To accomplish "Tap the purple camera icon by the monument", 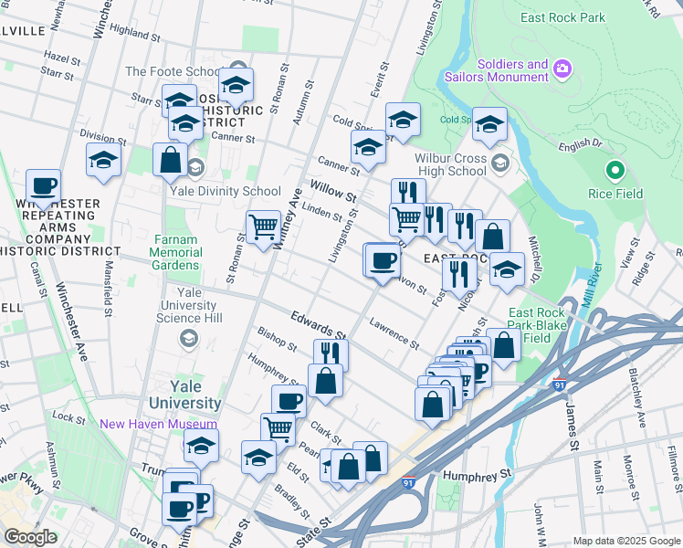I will pos(562,68).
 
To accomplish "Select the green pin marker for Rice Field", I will pos(615,170).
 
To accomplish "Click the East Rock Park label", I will pos(563,17).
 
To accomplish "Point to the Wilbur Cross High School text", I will pos(450,164).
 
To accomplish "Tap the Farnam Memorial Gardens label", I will pos(177,252).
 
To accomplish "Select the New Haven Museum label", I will pos(159,424).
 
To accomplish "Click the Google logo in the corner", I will pos(30,537).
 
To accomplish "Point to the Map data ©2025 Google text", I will pos(625,541).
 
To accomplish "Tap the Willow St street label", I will pos(332,193).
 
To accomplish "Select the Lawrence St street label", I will pos(394,333).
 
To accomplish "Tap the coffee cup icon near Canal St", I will pos(43,186).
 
